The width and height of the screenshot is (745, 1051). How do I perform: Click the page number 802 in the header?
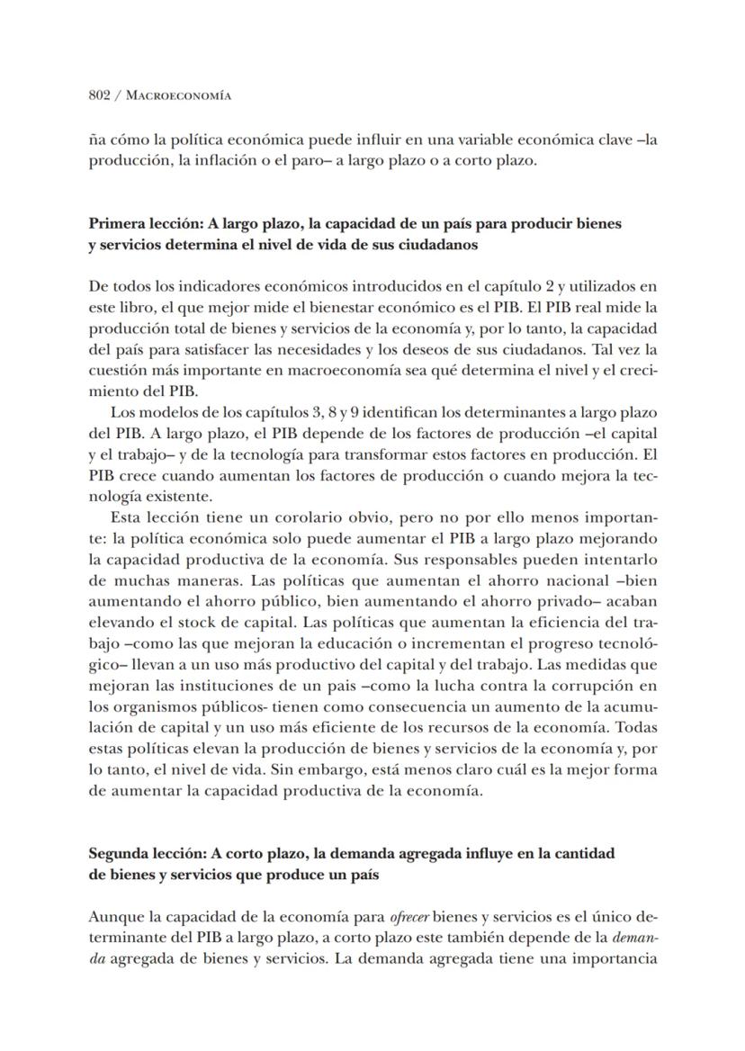pos(99,95)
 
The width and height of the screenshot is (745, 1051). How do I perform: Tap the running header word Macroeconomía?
pos(175,95)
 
